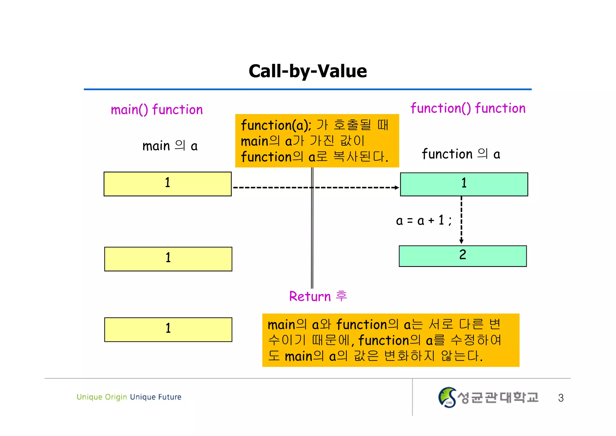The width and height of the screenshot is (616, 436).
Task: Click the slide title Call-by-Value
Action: click(308, 71)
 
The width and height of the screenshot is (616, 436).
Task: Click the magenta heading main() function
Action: click(157, 110)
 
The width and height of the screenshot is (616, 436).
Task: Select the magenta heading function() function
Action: click(468, 108)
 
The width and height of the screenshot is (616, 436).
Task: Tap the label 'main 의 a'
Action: click(170, 146)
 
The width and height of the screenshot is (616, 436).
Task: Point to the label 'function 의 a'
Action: click(461, 154)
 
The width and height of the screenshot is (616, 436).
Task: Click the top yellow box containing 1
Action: click(168, 184)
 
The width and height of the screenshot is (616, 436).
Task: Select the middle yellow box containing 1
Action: click(168, 259)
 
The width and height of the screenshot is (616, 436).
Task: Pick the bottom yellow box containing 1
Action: click(168, 329)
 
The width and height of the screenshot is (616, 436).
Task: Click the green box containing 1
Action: click(464, 184)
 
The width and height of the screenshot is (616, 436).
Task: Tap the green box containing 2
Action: click(463, 256)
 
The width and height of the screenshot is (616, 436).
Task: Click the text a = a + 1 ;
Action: click(423, 221)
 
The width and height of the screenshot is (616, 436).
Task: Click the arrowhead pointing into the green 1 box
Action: click(397, 187)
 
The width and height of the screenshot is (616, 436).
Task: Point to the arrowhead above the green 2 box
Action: click(461, 241)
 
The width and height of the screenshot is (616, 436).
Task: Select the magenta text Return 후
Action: click(318, 296)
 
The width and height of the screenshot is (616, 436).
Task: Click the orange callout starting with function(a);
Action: click(317, 141)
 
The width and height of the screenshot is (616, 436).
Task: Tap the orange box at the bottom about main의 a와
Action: click(390, 340)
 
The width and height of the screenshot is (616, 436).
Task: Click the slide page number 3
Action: click(561, 398)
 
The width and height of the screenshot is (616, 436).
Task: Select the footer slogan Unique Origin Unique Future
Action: click(129, 397)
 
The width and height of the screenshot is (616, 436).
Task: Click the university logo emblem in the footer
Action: click(447, 397)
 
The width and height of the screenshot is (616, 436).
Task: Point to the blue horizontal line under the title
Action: click(307, 89)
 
